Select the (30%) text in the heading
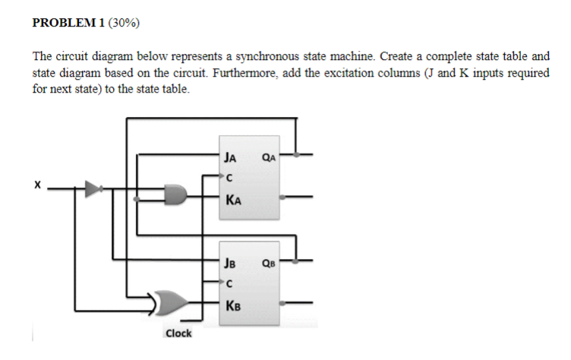(x=125, y=23)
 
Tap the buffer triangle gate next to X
(x=93, y=189)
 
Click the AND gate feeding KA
(x=177, y=195)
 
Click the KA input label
(x=233, y=201)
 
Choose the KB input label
(x=233, y=306)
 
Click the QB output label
(x=268, y=264)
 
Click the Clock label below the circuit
(x=178, y=333)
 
